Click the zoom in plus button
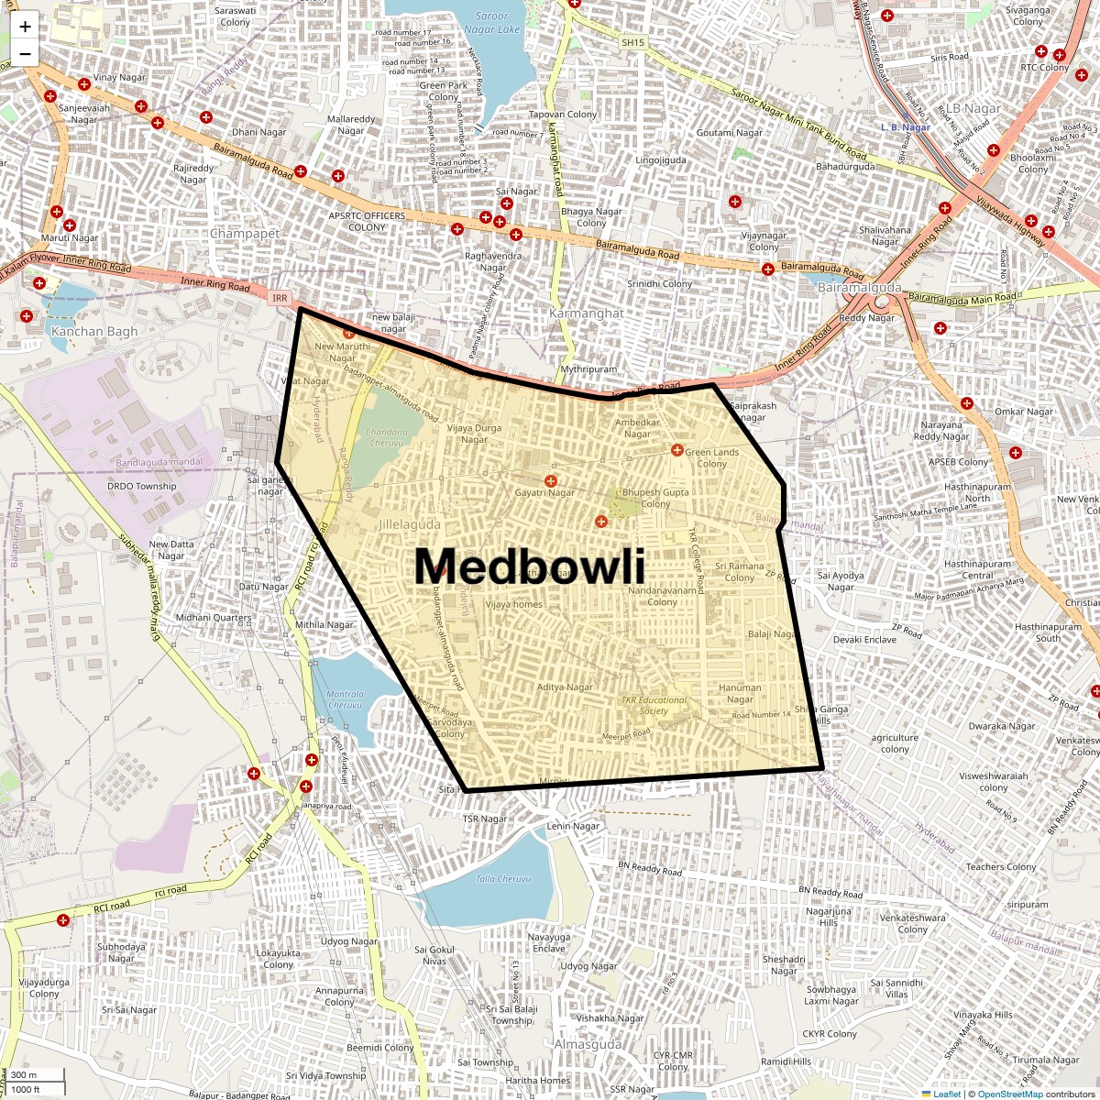point(25,27)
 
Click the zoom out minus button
point(25,53)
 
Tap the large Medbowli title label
point(529,566)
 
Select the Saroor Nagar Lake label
point(491,23)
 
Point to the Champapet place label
point(245,234)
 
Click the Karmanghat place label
point(586,313)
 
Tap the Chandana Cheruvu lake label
point(386,437)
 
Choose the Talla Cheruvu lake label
point(503,879)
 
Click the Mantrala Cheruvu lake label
point(345,700)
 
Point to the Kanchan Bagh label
point(94,332)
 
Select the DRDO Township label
point(141,487)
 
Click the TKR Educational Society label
point(654,706)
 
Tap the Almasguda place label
point(588,1045)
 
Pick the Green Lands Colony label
point(711,457)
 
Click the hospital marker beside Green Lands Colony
point(676,450)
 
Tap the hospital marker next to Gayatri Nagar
point(551,481)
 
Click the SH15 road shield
point(632,42)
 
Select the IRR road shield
point(280,298)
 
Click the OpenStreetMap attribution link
point(1009,1094)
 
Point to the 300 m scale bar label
point(24,1075)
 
